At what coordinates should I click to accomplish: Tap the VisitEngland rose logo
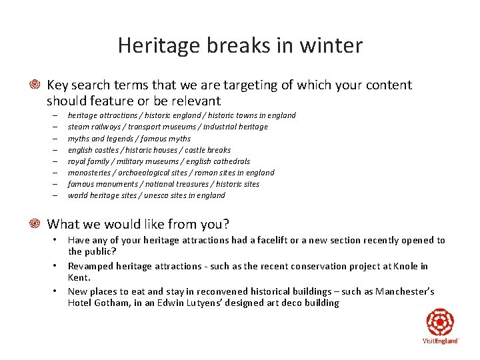tap(440, 323)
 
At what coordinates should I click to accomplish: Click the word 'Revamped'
tap(90, 266)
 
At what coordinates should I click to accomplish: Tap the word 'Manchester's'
tap(405, 291)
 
